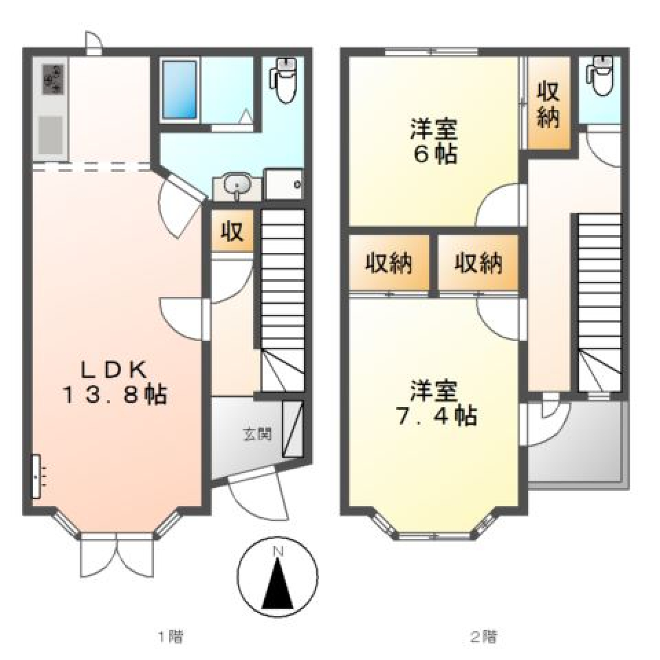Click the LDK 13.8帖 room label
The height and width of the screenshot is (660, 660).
(x=115, y=382)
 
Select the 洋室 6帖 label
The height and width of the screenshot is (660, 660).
(x=434, y=141)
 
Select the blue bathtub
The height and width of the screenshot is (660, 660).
(x=180, y=89)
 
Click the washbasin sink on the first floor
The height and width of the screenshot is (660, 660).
(x=237, y=186)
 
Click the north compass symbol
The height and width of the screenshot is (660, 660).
(x=277, y=577)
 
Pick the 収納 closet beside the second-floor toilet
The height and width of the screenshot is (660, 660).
(x=548, y=104)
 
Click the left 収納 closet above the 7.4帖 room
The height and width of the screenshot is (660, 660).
(x=389, y=263)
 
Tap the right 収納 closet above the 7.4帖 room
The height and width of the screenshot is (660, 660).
(x=478, y=263)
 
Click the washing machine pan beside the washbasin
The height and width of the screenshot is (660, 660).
(x=284, y=184)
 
